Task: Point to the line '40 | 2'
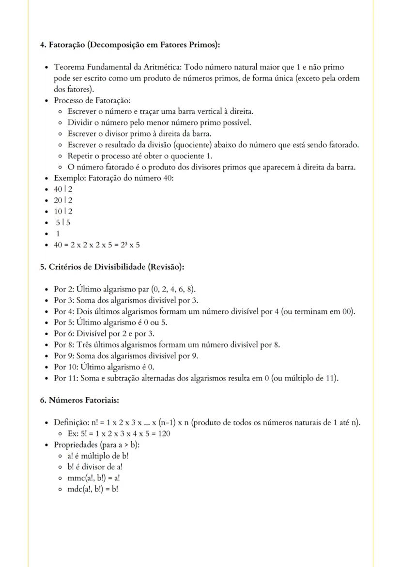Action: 63,189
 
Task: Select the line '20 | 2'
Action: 63,200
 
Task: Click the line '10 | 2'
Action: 63,211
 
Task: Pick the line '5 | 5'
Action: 64,222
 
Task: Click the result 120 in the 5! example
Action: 164,433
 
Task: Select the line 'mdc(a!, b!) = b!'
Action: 93,489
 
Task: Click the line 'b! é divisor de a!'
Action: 95,467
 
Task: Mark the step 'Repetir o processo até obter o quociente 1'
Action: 140,156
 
